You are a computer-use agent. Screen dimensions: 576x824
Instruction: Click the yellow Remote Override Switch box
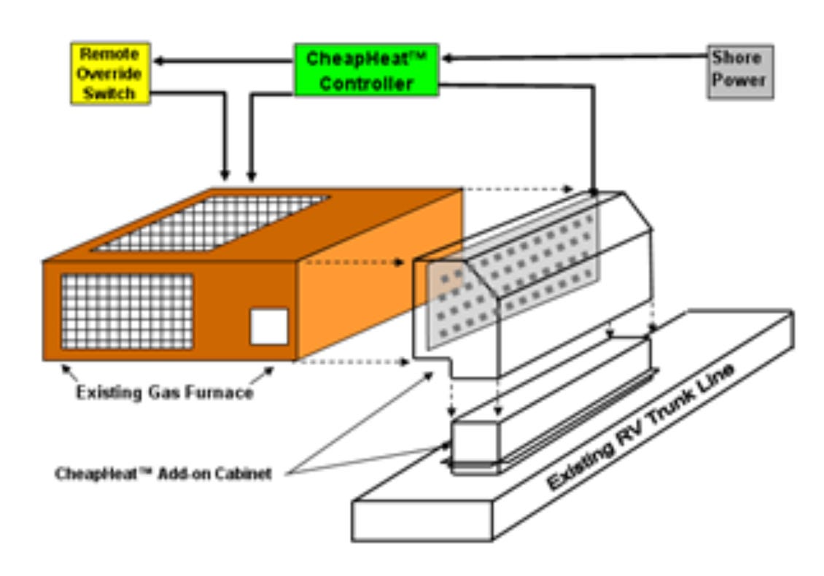[110, 73]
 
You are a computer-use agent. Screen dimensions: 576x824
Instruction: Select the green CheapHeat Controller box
[366, 70]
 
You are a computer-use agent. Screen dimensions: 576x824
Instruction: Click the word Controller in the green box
[366, 83]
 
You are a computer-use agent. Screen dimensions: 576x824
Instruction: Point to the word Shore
[736, 58]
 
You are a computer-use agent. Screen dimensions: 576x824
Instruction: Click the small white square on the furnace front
[269, 327]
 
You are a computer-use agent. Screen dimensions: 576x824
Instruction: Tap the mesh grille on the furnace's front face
[127, 311]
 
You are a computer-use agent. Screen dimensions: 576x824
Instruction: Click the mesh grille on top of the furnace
[211, 222]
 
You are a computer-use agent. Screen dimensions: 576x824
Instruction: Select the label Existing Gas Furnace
[165, 393]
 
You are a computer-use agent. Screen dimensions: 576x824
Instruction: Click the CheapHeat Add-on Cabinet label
[163, 474]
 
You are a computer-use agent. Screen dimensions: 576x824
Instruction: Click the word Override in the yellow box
[110, 74]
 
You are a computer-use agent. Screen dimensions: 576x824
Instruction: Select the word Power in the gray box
[739, 81]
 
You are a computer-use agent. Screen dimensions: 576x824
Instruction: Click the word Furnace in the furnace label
[219, 393]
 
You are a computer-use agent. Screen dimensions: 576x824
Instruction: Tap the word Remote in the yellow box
[110, 55]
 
